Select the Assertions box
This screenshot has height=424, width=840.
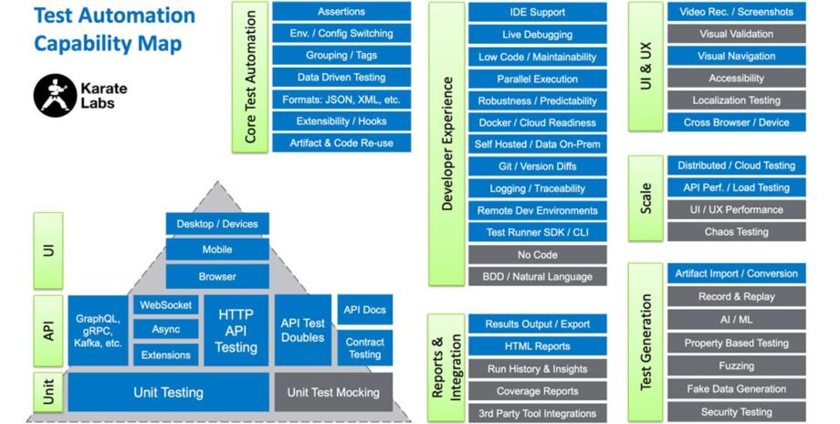(x=341, y=12)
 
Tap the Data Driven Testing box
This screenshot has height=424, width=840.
(x=341, y=78)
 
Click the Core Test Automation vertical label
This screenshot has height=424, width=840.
(x=251, y=77)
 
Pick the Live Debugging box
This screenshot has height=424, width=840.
(x=537, y=35)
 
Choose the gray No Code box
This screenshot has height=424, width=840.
(x=537, y=254)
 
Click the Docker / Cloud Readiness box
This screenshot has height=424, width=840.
(x=537, y=122)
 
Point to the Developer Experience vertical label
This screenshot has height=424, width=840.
(x=446, y=143)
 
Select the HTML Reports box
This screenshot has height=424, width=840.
(x=537, y=346)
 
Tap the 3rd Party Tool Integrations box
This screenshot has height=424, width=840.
(x=537, y=412)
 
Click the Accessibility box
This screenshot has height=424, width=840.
(x=736, y=79)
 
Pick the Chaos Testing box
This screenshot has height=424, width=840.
(x=736, y=232)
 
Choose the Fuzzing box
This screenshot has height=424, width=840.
(x=736, y=366)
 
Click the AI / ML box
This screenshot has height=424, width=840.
(x=736, y=320)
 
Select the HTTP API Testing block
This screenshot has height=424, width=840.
(x=236, y=330)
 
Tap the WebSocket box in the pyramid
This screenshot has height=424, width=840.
(x=165, y=305)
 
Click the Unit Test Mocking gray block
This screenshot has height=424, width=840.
(x=333, y=392)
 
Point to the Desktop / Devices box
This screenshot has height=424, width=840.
(x=217, y=224)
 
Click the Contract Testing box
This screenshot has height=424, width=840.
(x=364, y=348)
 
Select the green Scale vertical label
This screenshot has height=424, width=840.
(x=646, y=198)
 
